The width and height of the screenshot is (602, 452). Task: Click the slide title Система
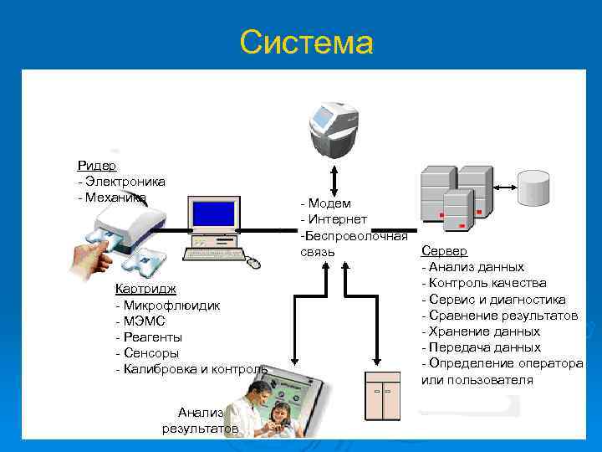tap(305, 41)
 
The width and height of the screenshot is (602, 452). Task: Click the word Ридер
tap(97, 166)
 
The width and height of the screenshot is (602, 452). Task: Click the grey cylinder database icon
tap(533, 188)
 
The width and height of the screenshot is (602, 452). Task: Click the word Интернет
tap(336, 219)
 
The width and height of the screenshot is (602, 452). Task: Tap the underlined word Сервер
tap(444, 251)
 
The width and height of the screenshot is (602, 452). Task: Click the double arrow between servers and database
tap(504, 187)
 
